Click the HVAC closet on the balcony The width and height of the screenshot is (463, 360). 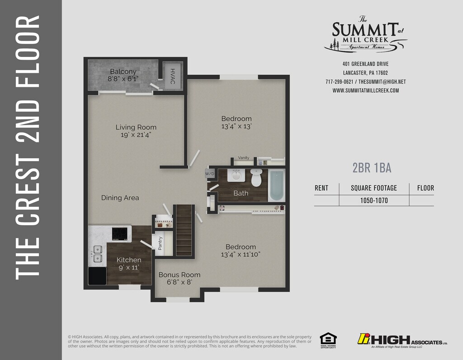[x=173, y=76]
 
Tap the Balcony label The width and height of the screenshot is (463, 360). [x=123, y=71]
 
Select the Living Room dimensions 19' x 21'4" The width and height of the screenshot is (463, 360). [x=136, y=135]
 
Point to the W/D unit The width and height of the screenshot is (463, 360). [x=210, y=173]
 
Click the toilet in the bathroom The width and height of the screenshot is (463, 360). [x=256, y=177]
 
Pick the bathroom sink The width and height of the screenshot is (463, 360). [x=236, y=175]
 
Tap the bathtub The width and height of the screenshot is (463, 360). [x=276, y=185]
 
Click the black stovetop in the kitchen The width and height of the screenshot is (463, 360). [x=119, y=234]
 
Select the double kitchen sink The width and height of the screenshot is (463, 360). [x=98, y=254]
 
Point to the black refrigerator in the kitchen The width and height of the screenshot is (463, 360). [x=98, y=276]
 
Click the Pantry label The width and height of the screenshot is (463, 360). [x=160, y=243]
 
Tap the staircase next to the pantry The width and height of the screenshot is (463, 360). [x=184, y=230]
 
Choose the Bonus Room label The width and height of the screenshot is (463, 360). [x=180, y=275]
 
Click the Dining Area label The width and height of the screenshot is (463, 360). [x=120, y=198]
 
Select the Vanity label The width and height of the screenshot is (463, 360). [x=244, y=158]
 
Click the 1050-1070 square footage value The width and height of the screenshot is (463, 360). [x=374, y=200]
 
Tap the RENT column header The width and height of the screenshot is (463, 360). [x=321, y=188]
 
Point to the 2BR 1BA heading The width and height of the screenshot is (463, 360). [x=372, y=168]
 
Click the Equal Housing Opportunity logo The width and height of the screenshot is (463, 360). [x=328, y=341]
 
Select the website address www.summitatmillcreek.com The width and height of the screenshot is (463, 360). [x=365, y=90]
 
